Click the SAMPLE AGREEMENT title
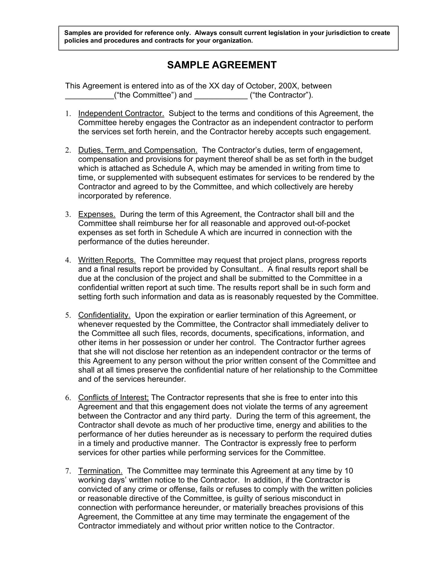pos(222,65)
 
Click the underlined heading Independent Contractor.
pos(121,113)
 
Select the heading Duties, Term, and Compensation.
pos(138,150)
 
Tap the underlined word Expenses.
pos(97,214)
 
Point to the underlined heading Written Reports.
pos(107,260)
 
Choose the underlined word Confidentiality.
pos(104,315)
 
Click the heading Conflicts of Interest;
pos(113,397)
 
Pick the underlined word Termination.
pos(100,471)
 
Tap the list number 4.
pos(68,260)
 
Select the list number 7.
pos(68,471)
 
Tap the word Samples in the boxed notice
pos(76,33)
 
